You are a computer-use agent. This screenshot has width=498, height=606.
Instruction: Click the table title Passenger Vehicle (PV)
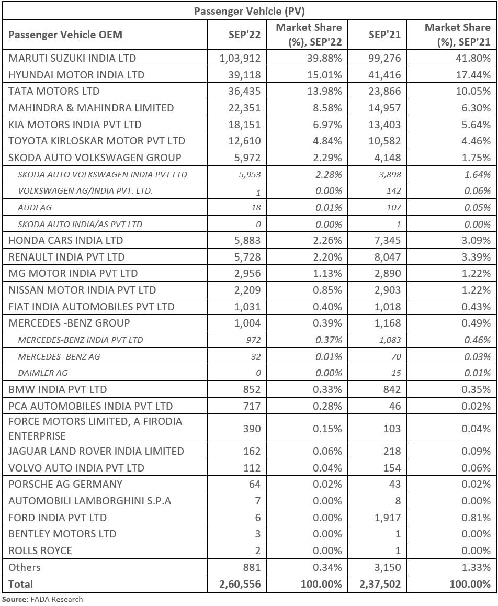point(249,11)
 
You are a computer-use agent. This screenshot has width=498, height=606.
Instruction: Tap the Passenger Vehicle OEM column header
point(65,35)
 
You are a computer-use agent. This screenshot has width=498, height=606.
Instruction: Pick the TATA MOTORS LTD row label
point(54,91)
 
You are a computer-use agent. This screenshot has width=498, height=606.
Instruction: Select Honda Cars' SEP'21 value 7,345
point(388,240)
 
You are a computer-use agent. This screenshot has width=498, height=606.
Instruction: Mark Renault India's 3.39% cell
point(476,257)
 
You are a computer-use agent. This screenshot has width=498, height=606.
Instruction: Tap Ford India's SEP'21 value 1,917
point(388,518)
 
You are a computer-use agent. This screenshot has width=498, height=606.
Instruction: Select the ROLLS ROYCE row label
point(40,551)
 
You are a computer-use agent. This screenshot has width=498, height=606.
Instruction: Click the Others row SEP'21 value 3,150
point(388,567)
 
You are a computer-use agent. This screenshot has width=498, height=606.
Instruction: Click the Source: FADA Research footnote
point(42,599)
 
